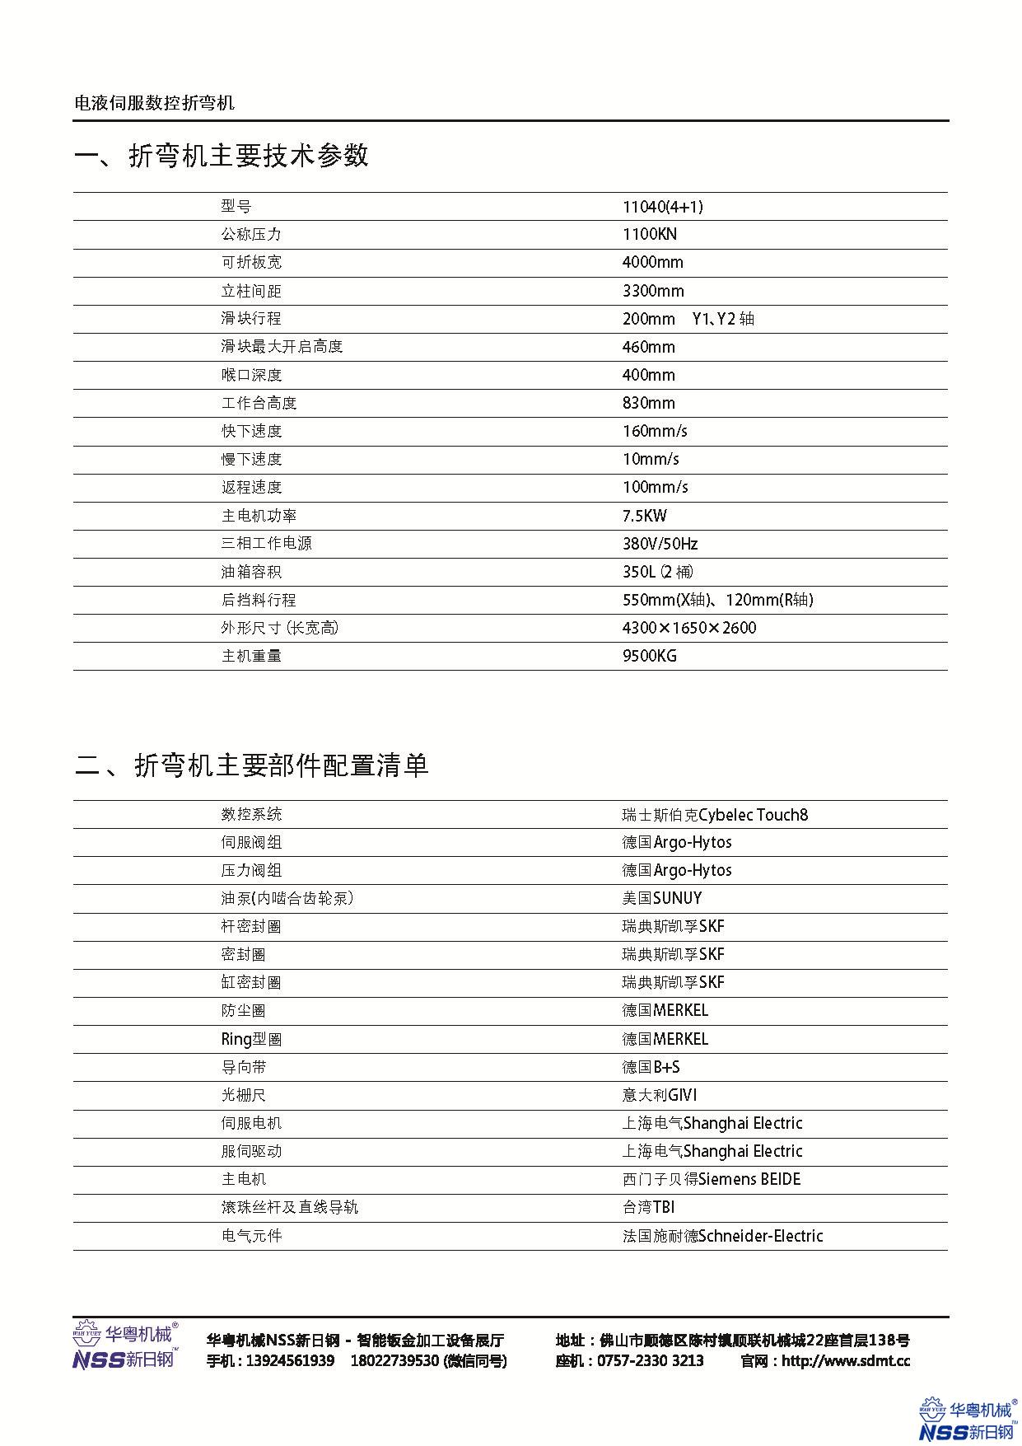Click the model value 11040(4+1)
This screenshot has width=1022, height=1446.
[x=662, y=207]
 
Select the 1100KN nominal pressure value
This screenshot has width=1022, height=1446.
[x=649, y=235]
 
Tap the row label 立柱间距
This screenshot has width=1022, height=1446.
[x=251, y=291]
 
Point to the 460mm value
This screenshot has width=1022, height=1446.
[x=648, y=347]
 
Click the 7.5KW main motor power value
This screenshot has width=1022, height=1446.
[x=644, y=516]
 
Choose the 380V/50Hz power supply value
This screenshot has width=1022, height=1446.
[x=660, y=544]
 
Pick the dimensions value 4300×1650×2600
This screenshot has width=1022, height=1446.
[x=688, y=628]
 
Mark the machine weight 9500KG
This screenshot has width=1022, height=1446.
[x=649, y=656]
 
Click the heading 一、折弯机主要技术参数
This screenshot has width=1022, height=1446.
[x=222, y=156]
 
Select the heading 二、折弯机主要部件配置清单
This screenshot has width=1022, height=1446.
[x=252, y=765]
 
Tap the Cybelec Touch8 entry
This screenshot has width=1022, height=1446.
[x=715, y=815]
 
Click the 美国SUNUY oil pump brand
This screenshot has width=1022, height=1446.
[x=661, y=898]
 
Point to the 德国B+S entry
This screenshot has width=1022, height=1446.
[x=651, y=1067]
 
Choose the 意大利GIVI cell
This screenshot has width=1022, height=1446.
[x=659, y=1095]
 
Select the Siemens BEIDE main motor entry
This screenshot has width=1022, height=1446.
[x=711, y=1179]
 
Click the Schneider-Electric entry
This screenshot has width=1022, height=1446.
[x=722, y=1236]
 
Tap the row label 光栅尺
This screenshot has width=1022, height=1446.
[x=244, y=1095]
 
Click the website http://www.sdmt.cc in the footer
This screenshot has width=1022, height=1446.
[x=845, y=1361]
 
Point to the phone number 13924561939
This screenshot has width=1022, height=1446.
[x=290, y=1361]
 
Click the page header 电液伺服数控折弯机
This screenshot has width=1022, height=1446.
[x=155, y=103]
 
